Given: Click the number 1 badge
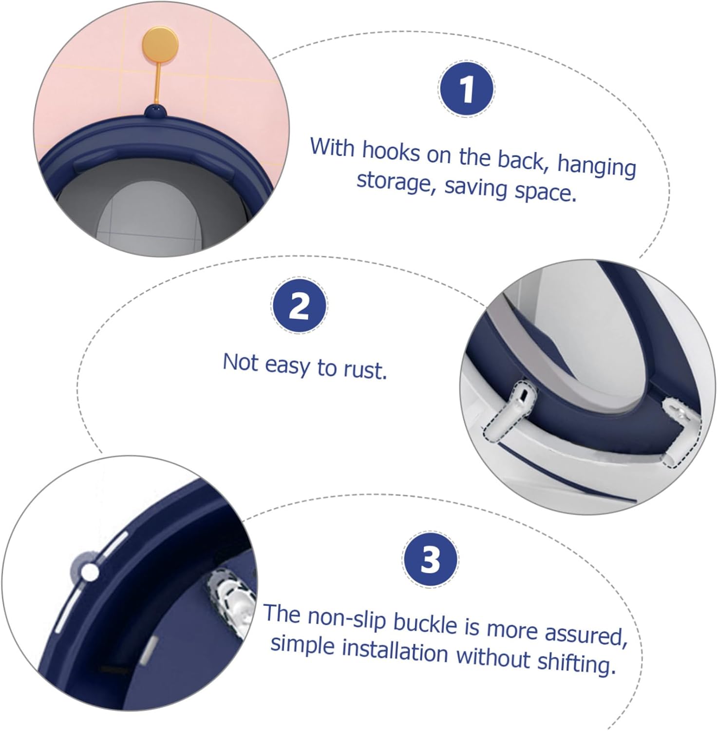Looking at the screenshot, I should click(466, 89).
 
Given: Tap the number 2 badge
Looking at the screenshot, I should click(299, 306).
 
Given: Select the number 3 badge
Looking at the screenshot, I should click(430, 559).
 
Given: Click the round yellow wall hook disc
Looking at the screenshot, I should click(160, 44).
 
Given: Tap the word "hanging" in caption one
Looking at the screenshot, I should click(596, 166).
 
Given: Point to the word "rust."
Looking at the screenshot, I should click(365, 370).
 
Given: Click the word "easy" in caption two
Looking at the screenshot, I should click(287, 365).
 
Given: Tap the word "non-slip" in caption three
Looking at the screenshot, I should click(347, 618).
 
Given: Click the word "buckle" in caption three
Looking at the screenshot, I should click(425, 624).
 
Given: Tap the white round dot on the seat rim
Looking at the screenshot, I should click(89, 572).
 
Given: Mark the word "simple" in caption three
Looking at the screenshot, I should click(302, 645).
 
